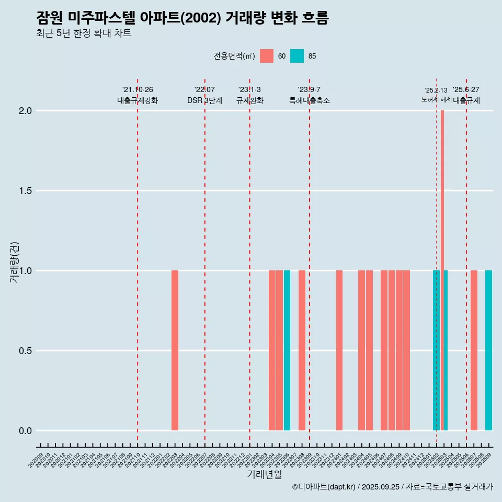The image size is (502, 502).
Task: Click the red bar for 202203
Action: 175,350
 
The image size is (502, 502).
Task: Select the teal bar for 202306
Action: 287,350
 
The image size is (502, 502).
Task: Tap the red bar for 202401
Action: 339,350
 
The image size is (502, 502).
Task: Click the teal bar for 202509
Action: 488,350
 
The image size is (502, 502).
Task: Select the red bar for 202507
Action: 474,350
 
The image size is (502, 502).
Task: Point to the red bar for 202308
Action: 302,350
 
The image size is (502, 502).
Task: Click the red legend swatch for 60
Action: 267,56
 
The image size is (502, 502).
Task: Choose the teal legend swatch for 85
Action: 297,56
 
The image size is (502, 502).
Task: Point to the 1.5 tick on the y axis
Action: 25,191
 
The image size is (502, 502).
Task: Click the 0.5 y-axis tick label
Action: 25,351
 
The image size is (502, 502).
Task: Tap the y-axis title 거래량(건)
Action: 14,262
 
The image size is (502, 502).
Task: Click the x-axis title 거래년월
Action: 264,475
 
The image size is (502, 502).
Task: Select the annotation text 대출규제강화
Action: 138,100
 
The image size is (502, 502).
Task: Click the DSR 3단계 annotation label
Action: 204,100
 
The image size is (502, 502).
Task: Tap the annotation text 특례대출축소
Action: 310,100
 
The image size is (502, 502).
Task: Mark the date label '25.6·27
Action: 466,90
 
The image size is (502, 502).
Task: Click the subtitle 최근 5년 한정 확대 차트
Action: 84,33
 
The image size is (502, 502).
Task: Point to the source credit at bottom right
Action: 392,487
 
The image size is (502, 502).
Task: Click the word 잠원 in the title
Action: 50,18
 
